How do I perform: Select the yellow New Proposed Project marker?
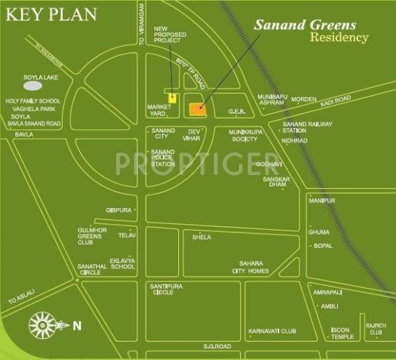pos(172,98)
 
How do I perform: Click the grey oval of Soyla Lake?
pos(33,85)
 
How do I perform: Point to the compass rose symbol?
pos(42,324)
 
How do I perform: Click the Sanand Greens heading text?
pos(306,25)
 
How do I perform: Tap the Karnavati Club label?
pos(272,331)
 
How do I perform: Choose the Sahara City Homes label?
pos(250,267)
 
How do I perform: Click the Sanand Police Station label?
pos(163,158)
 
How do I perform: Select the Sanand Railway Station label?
pos(307,127)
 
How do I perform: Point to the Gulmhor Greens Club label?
pos(92,236)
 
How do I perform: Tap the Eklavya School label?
pos(123,264)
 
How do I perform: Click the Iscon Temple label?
pos(343,334)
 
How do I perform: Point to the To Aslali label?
pos(20,299)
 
